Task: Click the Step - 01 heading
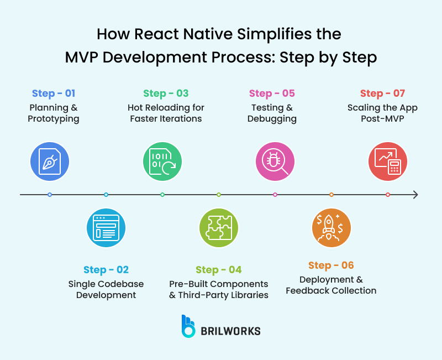(x=54, y=93)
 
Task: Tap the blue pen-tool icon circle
(x=50, y=161)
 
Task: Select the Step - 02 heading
(x=106, y=270)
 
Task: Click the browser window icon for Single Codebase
(x=106, y=227)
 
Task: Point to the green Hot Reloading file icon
(x=162, y=161)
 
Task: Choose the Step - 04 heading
(x=219, y=270)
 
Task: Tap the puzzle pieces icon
(x=219, y=227)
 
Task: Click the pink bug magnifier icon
(x=275, y=161)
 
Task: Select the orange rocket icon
(x=331, y=227)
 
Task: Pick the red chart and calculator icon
(x=388, y=161)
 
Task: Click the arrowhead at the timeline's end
(x=415, y=195)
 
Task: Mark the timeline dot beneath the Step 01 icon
(x=50, y=195)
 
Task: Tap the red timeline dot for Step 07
(x=388, y=195)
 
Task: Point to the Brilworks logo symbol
(x=189, y=326)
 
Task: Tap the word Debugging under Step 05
(x=272, y=119)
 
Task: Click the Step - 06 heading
(x=331, y=265)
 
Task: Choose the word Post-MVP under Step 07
(x=382, y=119)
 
